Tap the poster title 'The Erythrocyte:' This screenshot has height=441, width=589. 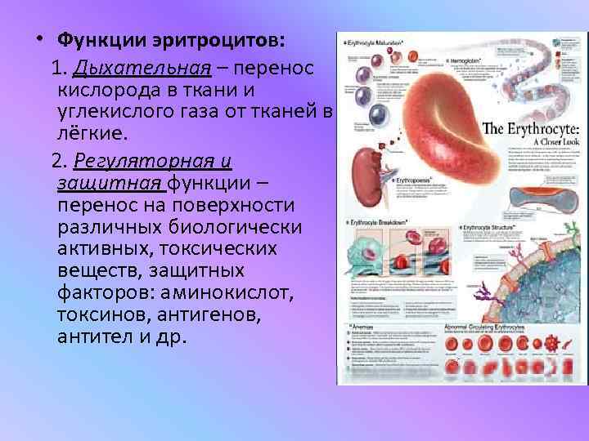[x=531, y=128]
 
